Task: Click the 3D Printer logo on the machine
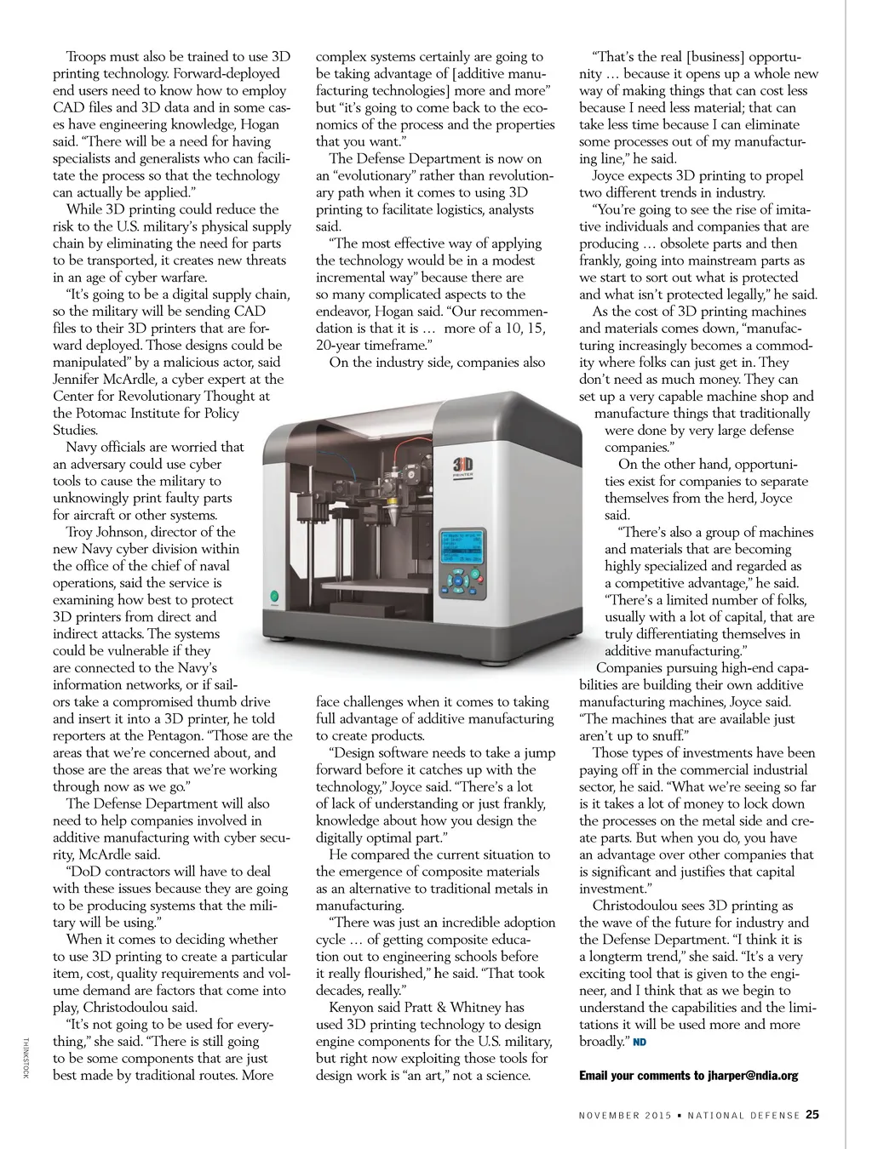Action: pyautogui.click(x=463, y=466)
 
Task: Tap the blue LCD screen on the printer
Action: pyautogui.click(x=462, y=548)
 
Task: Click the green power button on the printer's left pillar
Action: pyautogui.click(x=275, y=597)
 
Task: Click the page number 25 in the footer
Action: pyautogui.click(x=812, y=1114)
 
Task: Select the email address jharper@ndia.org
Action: pyautogui.click(x=753, y=1076)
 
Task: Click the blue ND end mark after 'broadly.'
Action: pyautogui.click(x=640, y=1043)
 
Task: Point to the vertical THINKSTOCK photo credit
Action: pyautogui.click(x=26, y=1058)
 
